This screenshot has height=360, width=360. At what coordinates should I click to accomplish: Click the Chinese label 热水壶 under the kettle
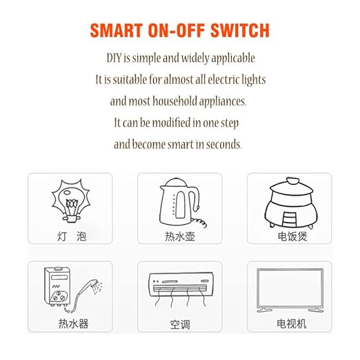(180, 236)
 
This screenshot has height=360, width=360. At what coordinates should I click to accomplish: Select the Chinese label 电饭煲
(291, 236)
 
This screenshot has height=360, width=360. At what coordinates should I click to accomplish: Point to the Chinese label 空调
(180, 323)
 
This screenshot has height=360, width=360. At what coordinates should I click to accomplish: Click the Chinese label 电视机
(291, 323)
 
